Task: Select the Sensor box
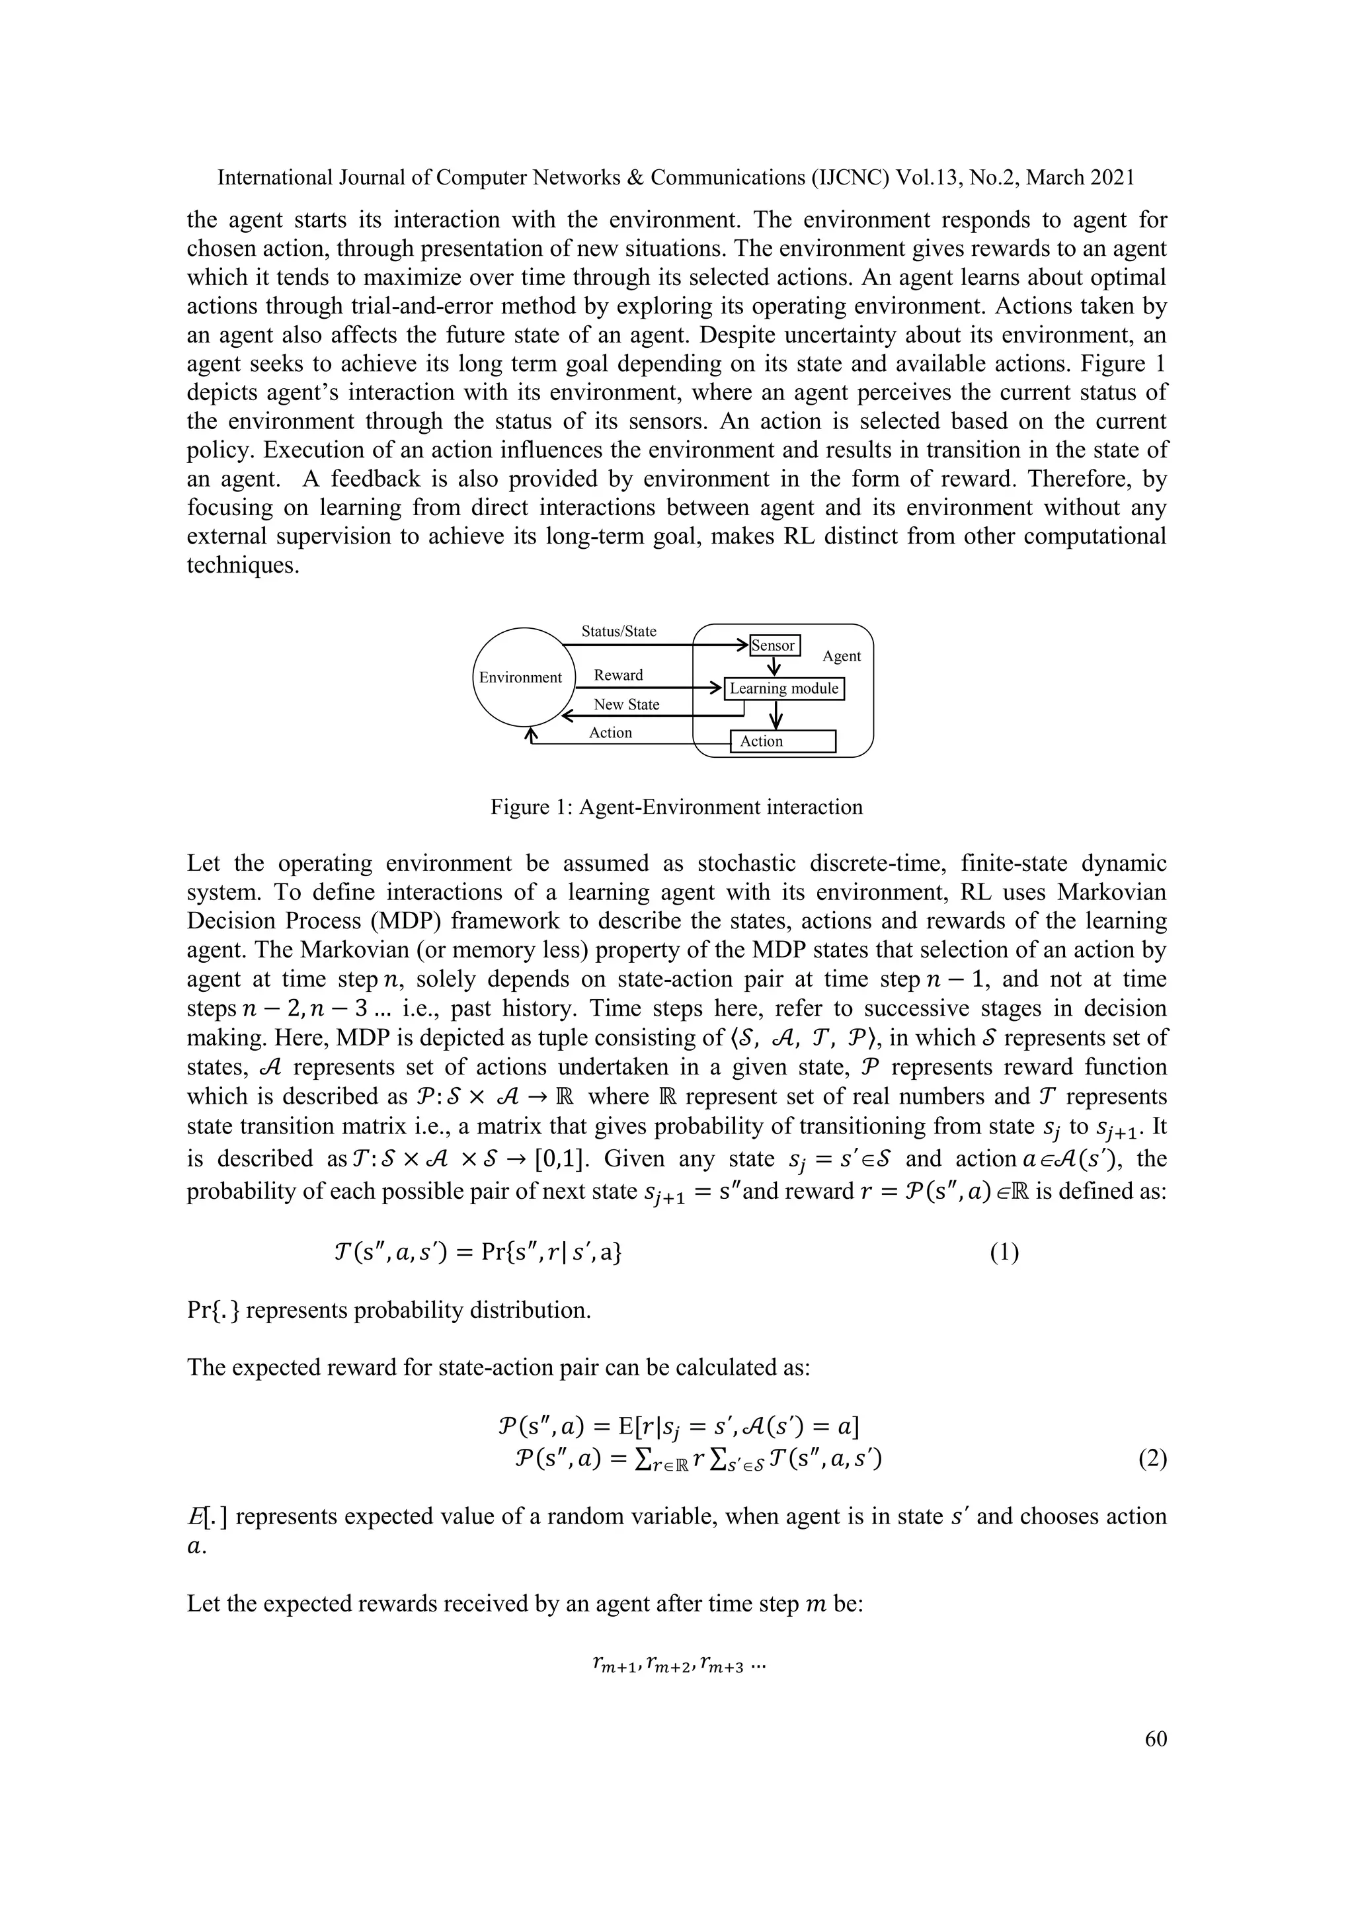[x=775, y=645]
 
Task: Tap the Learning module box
[x=783, y=688]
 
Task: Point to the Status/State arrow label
[x=619, y=632]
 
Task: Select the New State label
[x=626, y=704]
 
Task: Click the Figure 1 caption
[x=676, y=807]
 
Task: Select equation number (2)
[x=1152, y=1459]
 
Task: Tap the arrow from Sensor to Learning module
[x=775, y=667]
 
